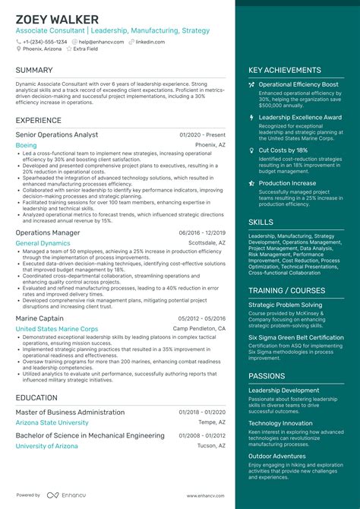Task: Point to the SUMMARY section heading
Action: pos(34,70)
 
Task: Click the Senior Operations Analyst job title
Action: pos(57,134)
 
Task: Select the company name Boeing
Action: pos(26,144)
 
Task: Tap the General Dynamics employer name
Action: pos(43,243)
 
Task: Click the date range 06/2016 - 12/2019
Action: pos(202,232)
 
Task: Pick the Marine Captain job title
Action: pos(39,318)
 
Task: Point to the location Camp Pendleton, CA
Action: pos(199,329)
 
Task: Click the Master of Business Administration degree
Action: pos(70,413)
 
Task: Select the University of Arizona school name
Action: pos(46,446)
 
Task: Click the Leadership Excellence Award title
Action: pos(301,118)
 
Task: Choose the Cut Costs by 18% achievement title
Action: pos(283,150)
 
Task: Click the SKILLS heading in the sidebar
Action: pos(261,222)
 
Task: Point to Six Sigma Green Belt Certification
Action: pos(296,337)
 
